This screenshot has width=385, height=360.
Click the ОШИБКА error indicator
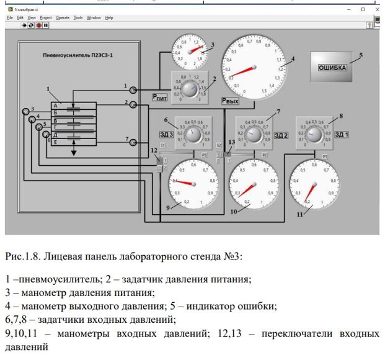(x=332, y=68)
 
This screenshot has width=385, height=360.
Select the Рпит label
(x=159, y=97)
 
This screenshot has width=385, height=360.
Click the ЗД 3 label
(x=166, y=135)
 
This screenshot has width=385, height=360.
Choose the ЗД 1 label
(x=342, y=134)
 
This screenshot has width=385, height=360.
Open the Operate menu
(x=63, y=17)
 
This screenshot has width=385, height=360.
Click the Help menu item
(x=109, y=17)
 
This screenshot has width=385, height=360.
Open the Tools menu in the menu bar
(x=78, y=17)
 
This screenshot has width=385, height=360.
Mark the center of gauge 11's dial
(x=315, y=184)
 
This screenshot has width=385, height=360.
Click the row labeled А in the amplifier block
(x=74, y=106)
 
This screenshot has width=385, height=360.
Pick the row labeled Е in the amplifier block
(x=74, y=142)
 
